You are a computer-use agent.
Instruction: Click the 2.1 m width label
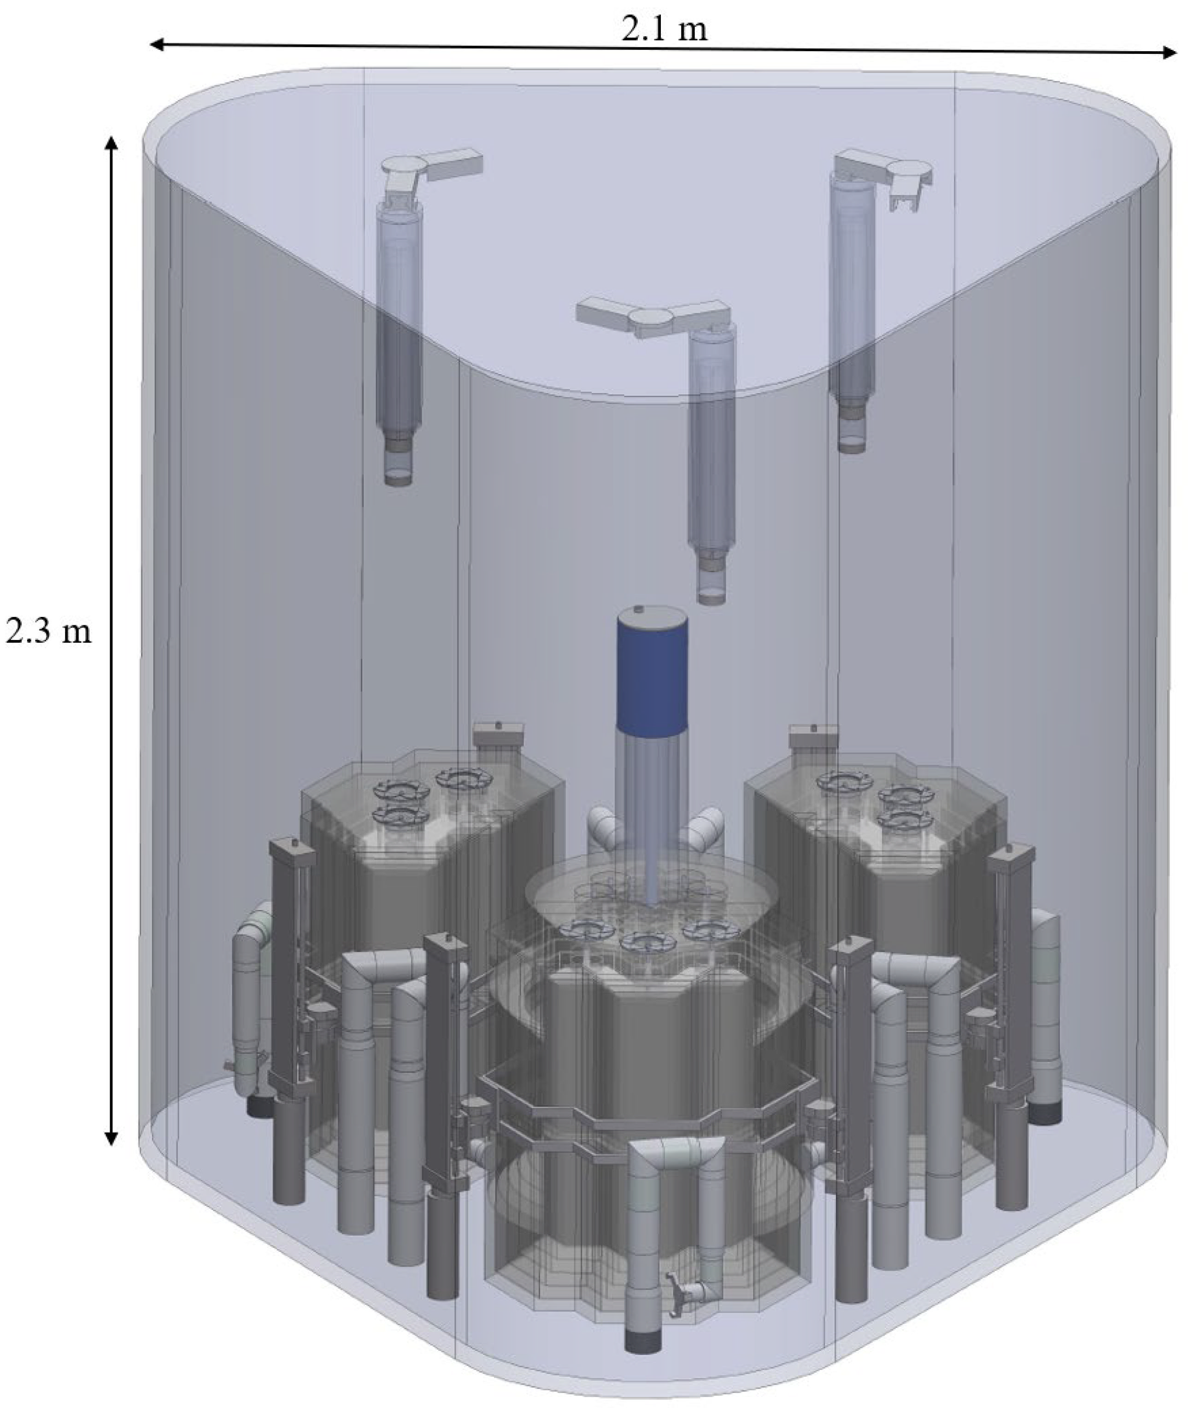[x=664, y=29]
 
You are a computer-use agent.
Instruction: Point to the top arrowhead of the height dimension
[x=112, y=143]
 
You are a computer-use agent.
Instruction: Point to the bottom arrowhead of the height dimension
[x=112, y=1137]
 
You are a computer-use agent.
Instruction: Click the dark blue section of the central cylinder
[x=652, y=674]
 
